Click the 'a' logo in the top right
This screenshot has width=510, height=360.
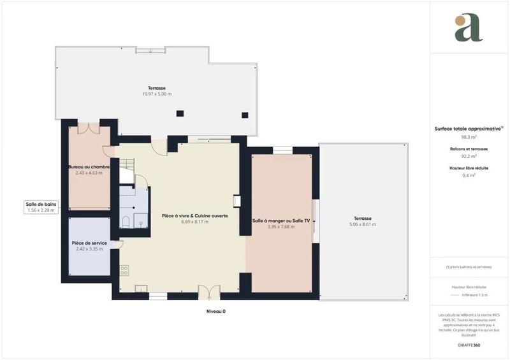coord(469,28)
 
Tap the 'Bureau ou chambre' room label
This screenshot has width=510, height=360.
coord(89,167)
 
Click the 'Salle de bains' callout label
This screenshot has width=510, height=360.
coord(41,203)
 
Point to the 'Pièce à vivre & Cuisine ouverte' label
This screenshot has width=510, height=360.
coord(195,216)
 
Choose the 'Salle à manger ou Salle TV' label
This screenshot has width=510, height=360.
coord(281,220)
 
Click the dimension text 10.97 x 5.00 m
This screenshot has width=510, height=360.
coord(156,94)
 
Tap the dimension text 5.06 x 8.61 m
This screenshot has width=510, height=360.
coord(362,224)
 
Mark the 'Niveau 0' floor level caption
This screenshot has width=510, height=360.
coord(215,312)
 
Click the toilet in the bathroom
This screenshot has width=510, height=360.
coord(126,222)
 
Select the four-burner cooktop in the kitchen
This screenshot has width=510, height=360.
coord(124,270)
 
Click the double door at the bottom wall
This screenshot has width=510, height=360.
coord(208,292)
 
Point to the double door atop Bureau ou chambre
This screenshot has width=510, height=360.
coord(89,127)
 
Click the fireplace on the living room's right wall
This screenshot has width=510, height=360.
coord(237,201)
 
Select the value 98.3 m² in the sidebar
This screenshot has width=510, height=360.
coord(469,136)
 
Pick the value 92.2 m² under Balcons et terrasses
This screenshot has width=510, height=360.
coord(469,156)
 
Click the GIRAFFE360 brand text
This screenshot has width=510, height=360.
coord(469,344)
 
